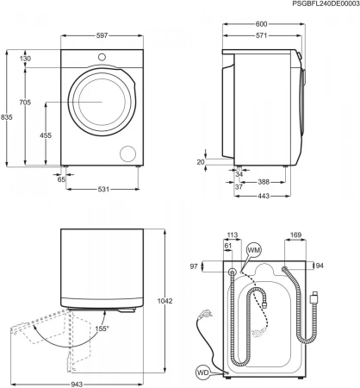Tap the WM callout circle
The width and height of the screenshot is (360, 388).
click(x=253, y=249)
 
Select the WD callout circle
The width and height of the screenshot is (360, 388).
click(x=202, y=373)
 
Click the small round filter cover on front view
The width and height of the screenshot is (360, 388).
click(x=129, y=153)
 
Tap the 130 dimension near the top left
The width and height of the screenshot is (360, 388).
click(x=25, y=59)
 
